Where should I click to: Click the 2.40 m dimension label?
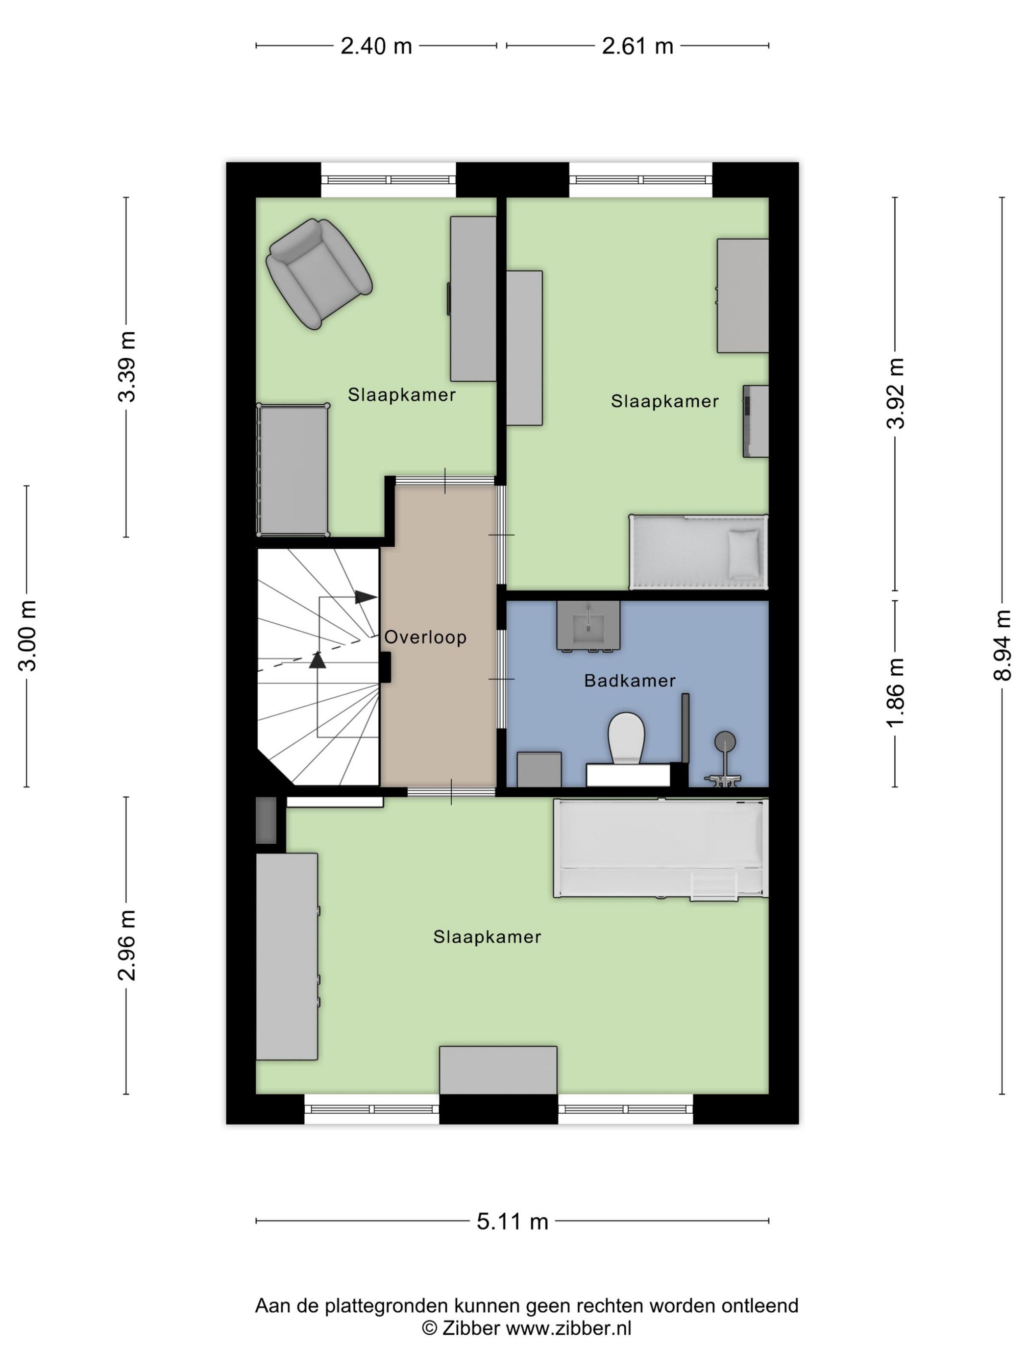point(376,46)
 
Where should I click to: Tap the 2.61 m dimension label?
point(637,46)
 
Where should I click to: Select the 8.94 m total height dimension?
point(1002,645)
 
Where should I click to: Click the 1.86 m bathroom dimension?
point(895,692)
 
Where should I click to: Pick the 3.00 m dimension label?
point(27,636)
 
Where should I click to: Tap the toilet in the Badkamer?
point(626,737)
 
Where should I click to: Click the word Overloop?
point(425,637)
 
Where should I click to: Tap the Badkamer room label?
point(630,681)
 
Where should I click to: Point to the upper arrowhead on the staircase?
point(366,597)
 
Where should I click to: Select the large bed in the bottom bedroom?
point(661,847)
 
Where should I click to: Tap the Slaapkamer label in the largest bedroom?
point(487,936)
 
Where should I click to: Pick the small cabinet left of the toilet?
point(539,769)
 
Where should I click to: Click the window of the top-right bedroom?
point(640,180)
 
